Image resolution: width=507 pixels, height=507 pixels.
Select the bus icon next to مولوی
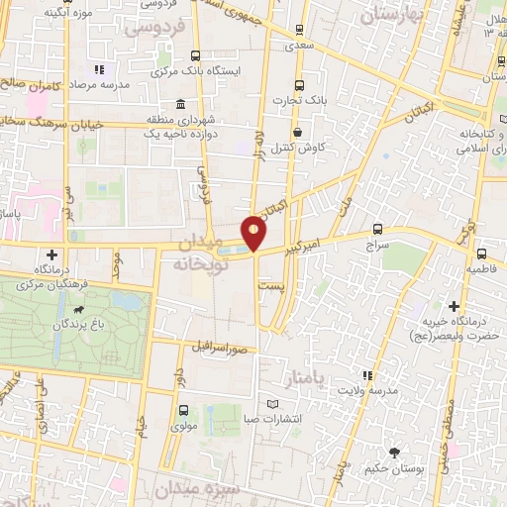[x=183, y=410]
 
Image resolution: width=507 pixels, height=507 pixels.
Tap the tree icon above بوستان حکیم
[x=395, y=453]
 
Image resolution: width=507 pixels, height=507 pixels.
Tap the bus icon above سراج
[x=377, y=228]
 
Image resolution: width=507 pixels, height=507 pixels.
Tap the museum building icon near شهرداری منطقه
[x=179, y=104]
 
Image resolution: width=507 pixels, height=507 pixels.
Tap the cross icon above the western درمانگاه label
[x=51, y=255]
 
